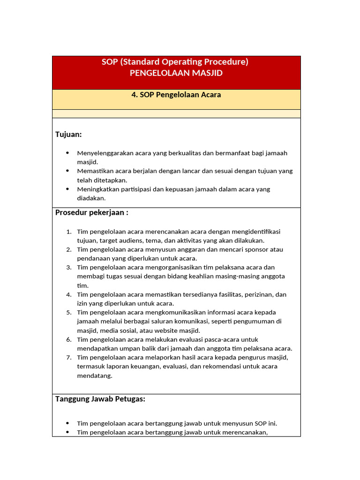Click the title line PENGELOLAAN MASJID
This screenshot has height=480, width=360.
[x=176, y=73]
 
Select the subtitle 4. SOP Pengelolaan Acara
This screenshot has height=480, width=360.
[x=176, y=95]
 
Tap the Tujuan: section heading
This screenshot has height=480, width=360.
[x=68, y=135]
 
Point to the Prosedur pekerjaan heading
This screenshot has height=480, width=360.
[x=91, y=212]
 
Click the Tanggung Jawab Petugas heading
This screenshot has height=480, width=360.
[x=100, y=399]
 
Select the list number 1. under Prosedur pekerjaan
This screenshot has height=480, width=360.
[x=68, y=232]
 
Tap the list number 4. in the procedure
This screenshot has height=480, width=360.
[x=68, y=295]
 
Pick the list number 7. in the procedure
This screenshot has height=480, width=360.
[x=68, y=358]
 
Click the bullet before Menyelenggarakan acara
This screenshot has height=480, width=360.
[x=67, y=153]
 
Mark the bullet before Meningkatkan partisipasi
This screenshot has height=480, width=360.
[x=67, y=189]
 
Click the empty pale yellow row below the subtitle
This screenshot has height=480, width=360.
[x=176, y=114]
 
